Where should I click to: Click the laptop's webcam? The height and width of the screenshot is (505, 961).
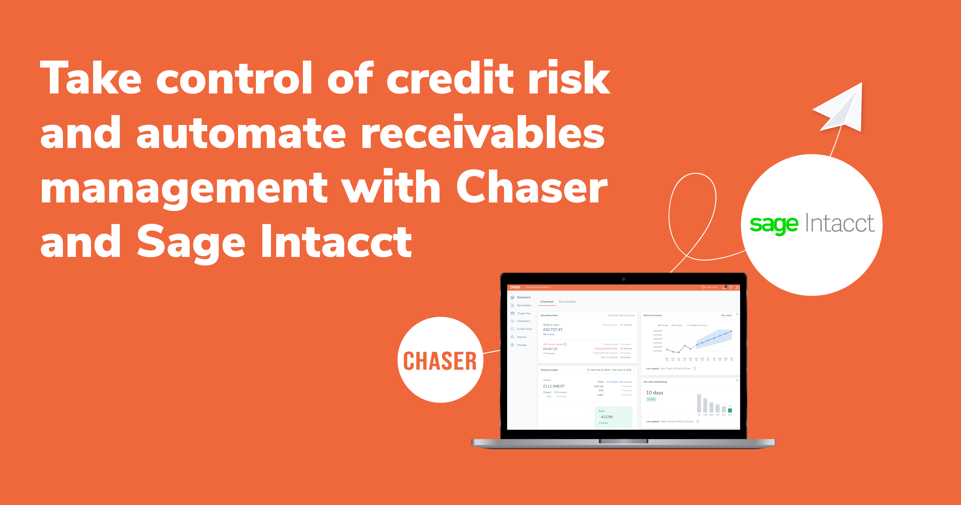623,279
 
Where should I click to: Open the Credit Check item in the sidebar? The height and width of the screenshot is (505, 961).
524,329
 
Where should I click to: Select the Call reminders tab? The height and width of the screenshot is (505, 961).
567,302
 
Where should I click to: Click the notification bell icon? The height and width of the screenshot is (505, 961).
724,287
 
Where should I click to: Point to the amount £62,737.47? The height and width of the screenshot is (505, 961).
552,330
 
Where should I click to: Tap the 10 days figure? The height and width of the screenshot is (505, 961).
654,393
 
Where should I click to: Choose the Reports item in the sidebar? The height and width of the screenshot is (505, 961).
521,337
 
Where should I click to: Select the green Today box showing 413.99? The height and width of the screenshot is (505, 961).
613,417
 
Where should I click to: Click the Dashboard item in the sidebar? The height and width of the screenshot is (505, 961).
523,297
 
